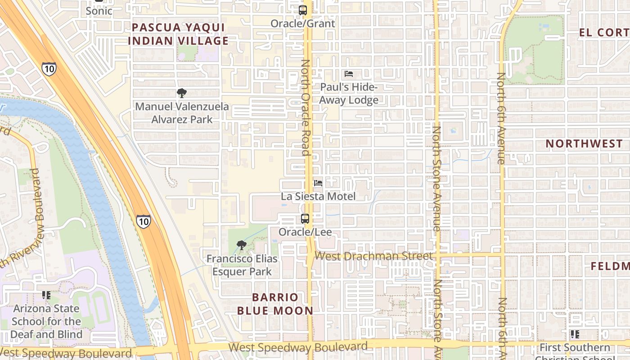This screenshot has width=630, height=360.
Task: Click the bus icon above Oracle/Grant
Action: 303,10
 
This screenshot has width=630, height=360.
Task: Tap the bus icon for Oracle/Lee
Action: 305,219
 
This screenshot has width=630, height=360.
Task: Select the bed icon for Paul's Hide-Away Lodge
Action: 349,74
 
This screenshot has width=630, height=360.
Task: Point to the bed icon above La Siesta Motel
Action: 318,183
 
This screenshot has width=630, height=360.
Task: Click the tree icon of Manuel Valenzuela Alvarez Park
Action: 182,93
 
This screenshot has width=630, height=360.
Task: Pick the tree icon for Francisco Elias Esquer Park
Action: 242,245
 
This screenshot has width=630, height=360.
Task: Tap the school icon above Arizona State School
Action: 46,295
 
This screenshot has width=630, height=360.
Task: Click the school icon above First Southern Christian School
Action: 575,334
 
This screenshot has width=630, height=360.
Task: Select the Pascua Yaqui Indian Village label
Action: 178,34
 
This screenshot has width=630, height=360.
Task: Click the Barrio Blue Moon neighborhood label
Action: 275,304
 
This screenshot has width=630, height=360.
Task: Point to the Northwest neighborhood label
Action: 584,144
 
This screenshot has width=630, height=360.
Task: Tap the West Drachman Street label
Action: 373,256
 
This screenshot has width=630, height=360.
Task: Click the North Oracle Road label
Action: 306,108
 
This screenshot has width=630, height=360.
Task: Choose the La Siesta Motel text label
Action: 318,197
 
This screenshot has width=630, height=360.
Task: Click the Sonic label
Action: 99,11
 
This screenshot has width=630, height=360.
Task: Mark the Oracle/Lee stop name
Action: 305,232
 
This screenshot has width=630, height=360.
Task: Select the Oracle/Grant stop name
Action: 303,23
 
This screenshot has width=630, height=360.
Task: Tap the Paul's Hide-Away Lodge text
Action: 349,93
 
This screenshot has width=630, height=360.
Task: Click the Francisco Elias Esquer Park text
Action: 242,265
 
